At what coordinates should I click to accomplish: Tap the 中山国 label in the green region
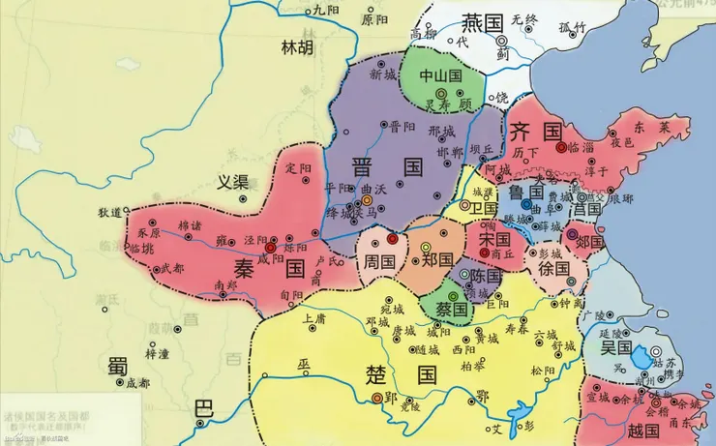pos(439,75)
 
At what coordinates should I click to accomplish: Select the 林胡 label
pos(297,46)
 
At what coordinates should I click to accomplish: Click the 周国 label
pos(378,261)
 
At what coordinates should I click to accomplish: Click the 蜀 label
pos(118,366)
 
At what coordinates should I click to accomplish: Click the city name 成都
pos(138,383)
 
